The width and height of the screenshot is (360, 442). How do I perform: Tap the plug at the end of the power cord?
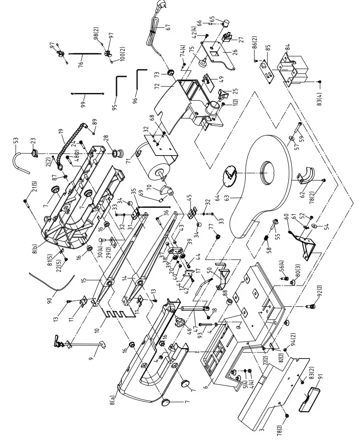click(156, 6)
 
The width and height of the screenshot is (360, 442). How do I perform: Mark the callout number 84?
click(287, 47)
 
